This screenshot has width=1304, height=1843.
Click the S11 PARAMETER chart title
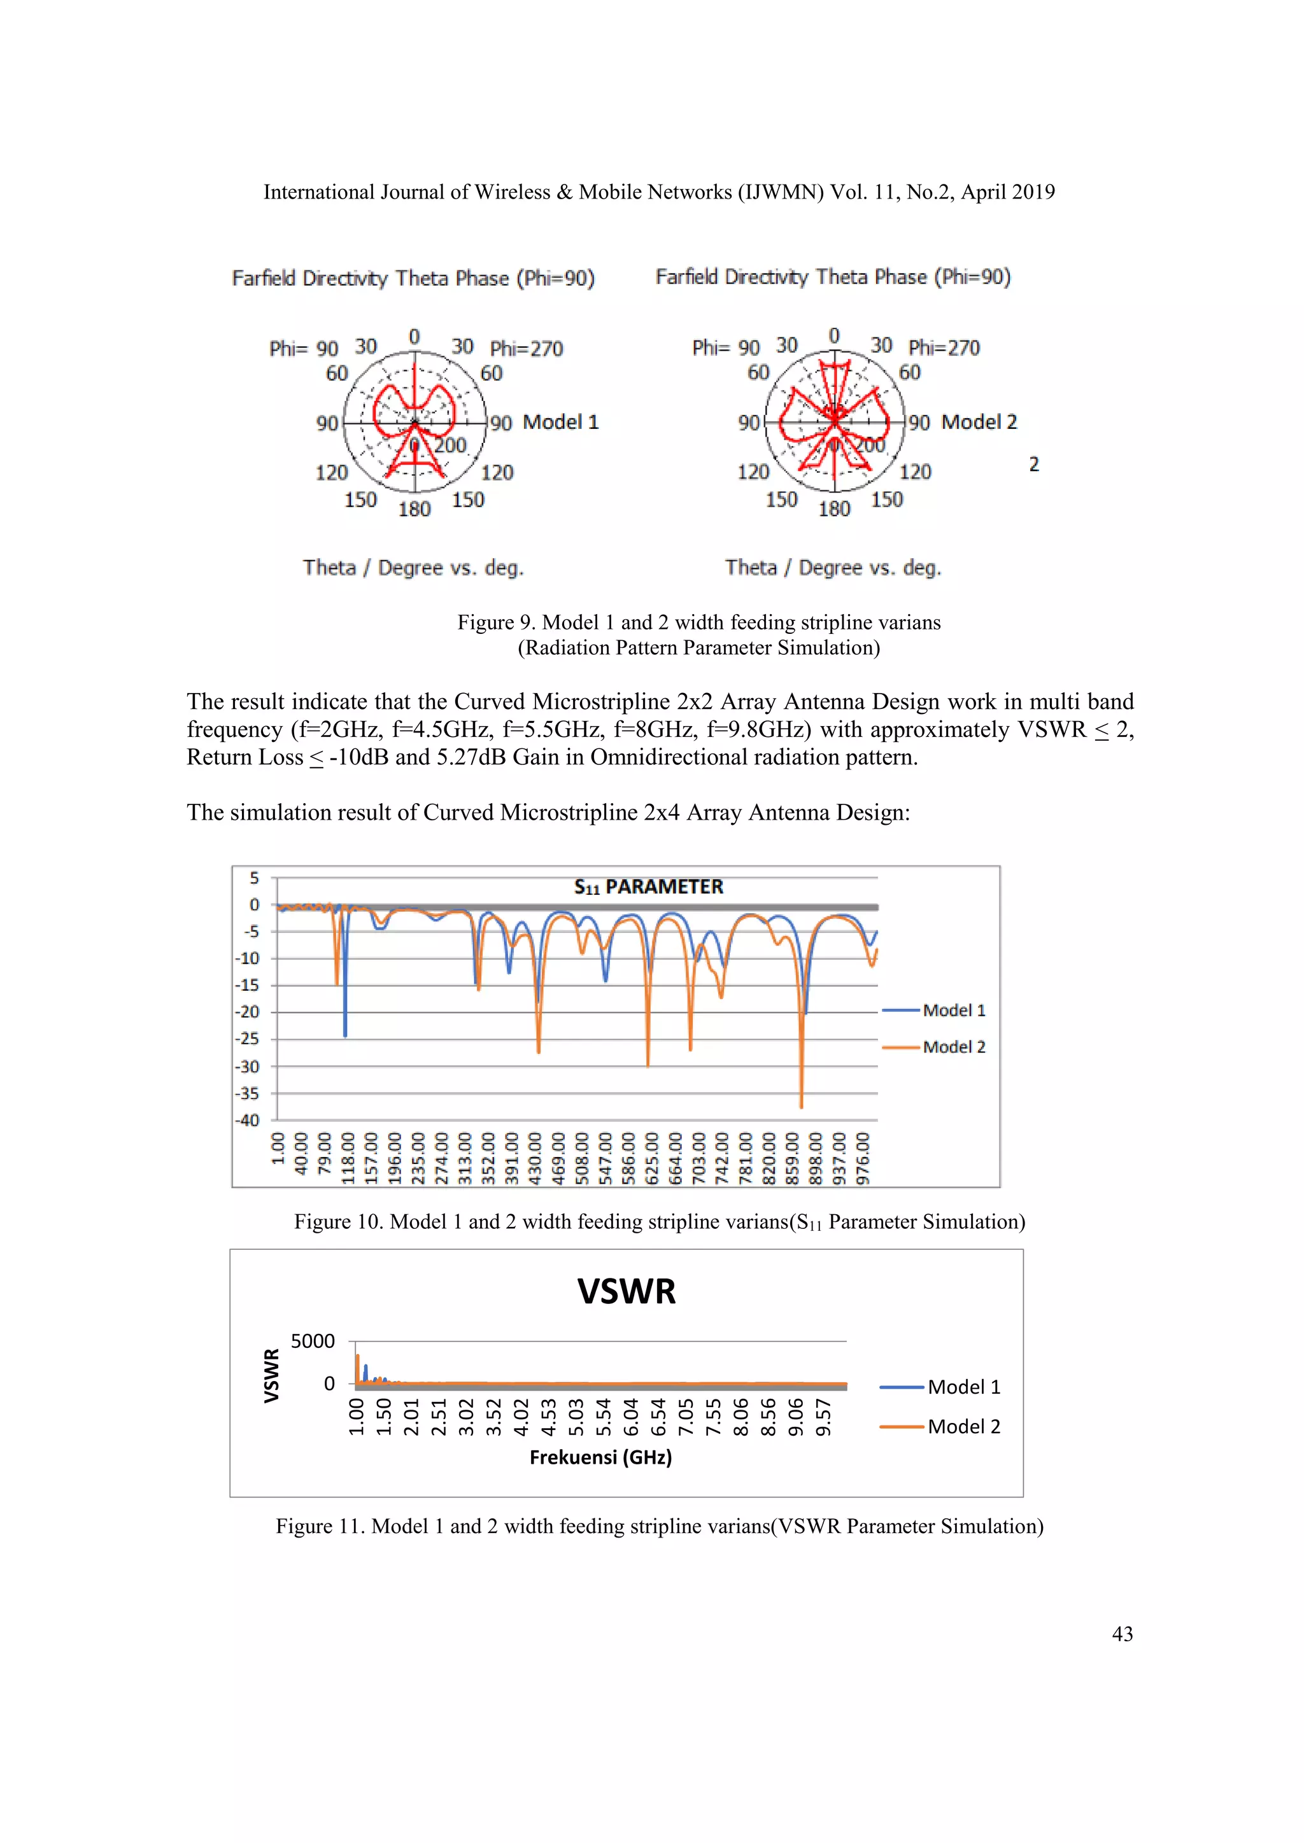tap(648, 887)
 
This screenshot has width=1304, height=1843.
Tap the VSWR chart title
tap(627, 1291)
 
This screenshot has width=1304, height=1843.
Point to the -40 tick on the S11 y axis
tap(247, 1121)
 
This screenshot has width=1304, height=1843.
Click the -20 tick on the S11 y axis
tap(247, 1013)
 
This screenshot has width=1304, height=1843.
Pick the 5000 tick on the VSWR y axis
tap(313, 1342)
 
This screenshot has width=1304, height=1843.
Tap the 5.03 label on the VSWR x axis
tap(576, 1417)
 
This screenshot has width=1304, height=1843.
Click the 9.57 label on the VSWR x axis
tap(824, 1417)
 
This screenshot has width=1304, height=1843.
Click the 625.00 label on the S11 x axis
tap(652, 1158)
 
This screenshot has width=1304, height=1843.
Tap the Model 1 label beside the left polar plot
tap(560, 422)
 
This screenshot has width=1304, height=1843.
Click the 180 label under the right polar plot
tap(833, 509)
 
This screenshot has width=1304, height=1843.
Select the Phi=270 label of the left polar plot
tap(527, 348)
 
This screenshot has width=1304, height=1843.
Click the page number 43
tap(1122, 1634)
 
